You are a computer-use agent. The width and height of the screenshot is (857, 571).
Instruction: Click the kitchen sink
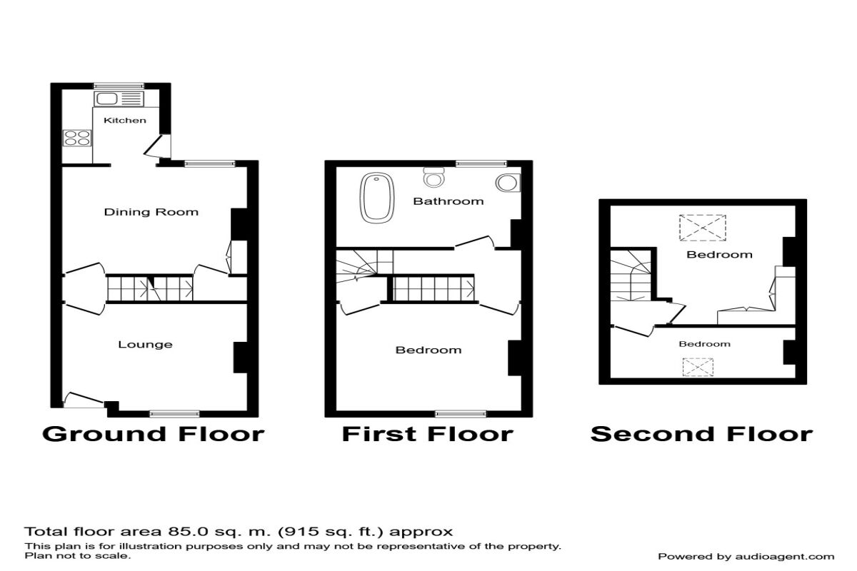click(119, 99)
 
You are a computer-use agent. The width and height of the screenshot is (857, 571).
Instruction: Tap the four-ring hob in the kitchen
click(77, 138)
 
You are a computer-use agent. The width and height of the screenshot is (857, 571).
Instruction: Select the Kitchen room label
click(125, 121)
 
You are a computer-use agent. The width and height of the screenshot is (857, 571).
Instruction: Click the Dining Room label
click(151, 212)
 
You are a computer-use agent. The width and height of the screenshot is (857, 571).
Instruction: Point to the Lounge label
click(146, 345)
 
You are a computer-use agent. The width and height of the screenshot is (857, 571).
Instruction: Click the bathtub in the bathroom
click(377, 198)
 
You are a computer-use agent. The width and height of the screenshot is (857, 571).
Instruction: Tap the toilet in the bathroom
click(434, 177)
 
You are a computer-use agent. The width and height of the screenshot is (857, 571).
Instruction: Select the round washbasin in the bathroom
click(508, 183)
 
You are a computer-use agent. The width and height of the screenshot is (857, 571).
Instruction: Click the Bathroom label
click(448, 201)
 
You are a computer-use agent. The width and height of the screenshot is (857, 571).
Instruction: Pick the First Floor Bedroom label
click(428, 350)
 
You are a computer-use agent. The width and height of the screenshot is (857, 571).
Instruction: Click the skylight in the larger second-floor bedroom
click(703, 228)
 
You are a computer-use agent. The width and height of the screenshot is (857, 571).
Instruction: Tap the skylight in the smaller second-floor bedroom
click(698, 367)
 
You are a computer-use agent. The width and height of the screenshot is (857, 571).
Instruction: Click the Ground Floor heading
click(154, 434)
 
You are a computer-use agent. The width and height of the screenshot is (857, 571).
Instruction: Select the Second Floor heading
click(701, 434)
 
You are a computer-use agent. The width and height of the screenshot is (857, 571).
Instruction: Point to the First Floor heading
click(428, 434)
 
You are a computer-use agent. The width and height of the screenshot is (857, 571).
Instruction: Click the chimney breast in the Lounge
click(241, 357)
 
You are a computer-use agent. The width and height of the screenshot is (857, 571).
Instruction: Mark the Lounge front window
click(174, 414)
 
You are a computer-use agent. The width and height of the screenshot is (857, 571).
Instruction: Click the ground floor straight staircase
click(150, 288)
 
